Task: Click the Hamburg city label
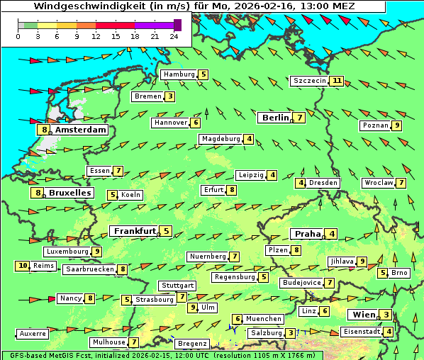179,74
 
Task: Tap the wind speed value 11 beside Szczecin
337,81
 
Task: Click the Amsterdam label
80,130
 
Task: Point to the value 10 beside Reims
23,266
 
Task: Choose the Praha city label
308,234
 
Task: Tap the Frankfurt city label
135,231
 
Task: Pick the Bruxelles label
69,193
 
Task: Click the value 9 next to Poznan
397,125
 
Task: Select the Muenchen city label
263,319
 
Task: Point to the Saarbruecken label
89,269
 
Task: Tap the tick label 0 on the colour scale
18,36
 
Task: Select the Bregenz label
191,344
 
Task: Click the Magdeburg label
221,139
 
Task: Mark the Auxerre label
33,333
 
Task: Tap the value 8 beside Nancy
90,298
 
